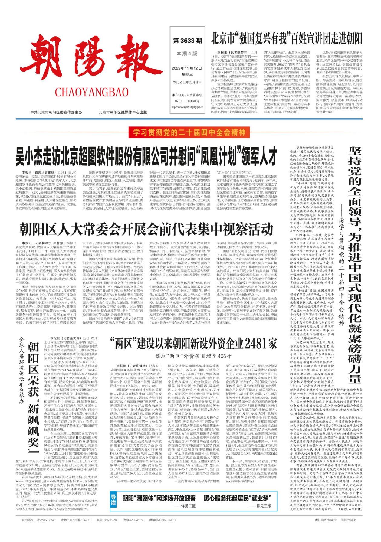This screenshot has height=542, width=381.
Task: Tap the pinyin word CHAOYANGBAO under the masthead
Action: point(92,92)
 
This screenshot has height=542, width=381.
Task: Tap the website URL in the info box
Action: point(187,107)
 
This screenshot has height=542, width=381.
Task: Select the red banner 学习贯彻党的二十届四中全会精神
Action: point(189,132)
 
